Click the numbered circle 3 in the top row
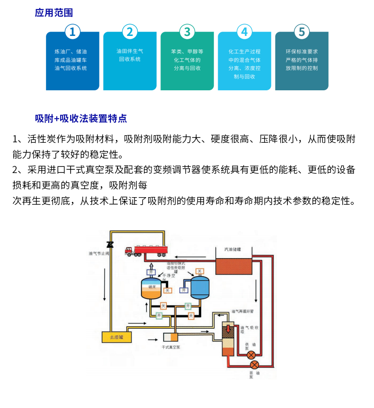click(187, 32)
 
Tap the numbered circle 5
click(302, 32)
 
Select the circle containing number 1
click(72, 32)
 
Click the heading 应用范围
click(54, 13)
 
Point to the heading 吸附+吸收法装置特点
click(81, 118)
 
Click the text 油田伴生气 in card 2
click(130, 51)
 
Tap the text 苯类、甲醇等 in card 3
click(187, 51)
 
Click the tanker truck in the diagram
click(146, 250)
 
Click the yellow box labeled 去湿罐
click(116, 337)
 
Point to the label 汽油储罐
click(232, 249)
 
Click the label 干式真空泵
click(171, 347)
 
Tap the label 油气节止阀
click(99, 254)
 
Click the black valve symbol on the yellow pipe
click(110, 244)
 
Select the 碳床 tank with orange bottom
click(151, 288)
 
